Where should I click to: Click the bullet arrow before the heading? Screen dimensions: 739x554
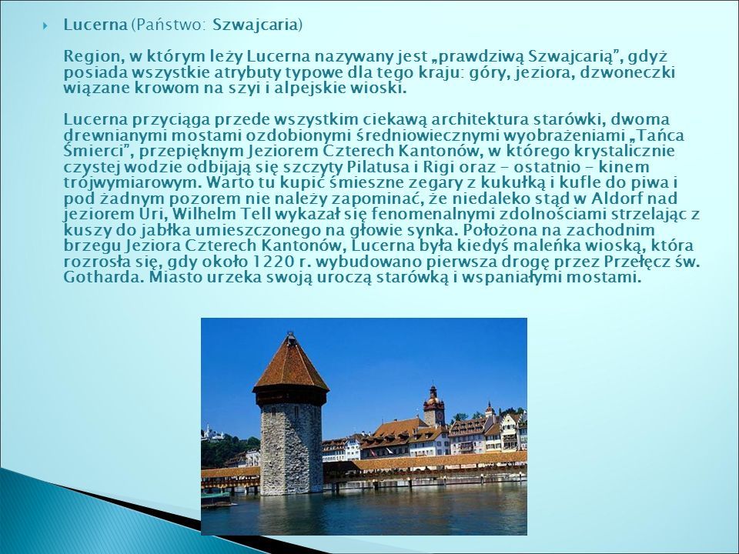pyautogui.click(x=45, y=25)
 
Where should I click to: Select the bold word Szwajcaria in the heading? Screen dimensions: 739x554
pyautogui.click(x=255, y=25)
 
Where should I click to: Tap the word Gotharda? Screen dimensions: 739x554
pyautogui.click(x=103, y=277)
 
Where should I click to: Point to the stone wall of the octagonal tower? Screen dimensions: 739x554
pyautogui.click(x=291, y=448)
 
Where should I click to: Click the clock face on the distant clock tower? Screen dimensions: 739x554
pyautogui.click(x=440, y=416)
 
